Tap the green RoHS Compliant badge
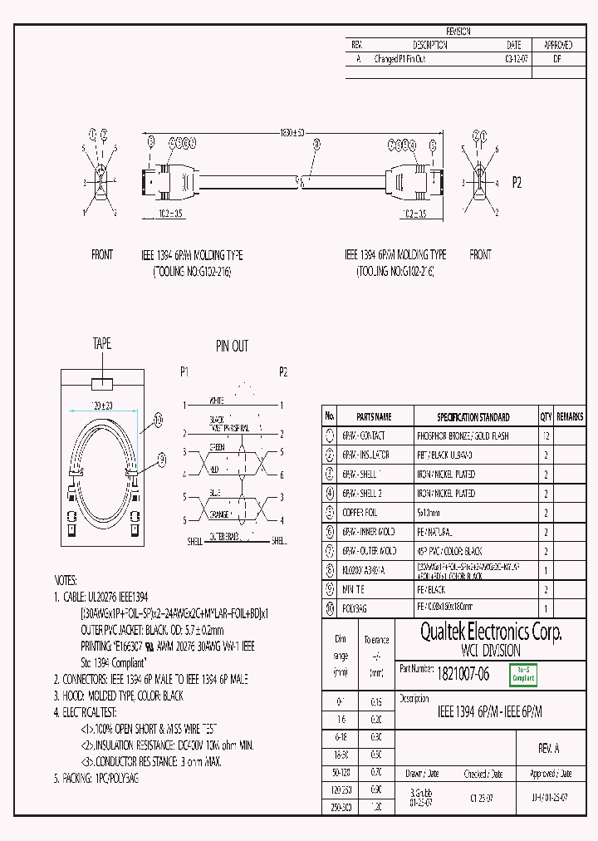(x=522, y=674)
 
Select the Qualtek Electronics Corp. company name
(x=490, y=632)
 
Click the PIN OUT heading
(x=232, y=346)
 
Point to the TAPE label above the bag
(x=101, y=344)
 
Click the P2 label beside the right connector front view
(x=516, y=182)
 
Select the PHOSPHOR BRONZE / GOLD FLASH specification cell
(x=462, y=436)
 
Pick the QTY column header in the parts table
(x=546, y=417)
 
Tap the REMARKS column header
(x=570, y=417)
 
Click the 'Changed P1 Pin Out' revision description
(x=400, y=59)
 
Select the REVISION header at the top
(x=458, y=31)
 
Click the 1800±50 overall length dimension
(x=292, y=133)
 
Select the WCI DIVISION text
(x=490, y=651)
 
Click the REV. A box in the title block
(x=549, y=748)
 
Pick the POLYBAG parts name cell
(x=355, y=608)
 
